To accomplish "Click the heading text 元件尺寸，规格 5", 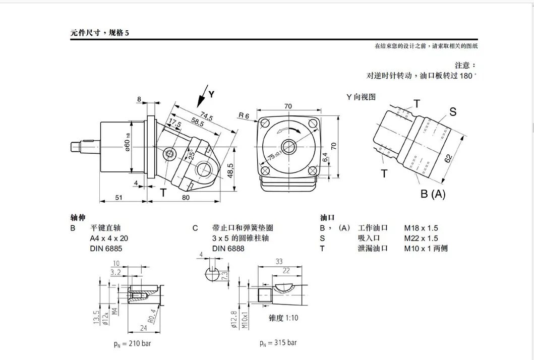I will pos(100,34).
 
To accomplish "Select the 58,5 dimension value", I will pos(197,122).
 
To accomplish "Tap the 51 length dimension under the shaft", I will pos(118,198).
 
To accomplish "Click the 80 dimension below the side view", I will pos(186,198).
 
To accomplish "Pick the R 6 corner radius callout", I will pos(244,116).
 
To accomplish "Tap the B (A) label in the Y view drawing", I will pos(433,194).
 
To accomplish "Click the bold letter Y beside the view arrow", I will pos(211,94).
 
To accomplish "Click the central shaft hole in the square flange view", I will pos(289,147).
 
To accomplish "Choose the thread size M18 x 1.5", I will pos(421,228).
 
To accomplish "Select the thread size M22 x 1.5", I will pos(421,238).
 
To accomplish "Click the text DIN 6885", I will pos(106,248).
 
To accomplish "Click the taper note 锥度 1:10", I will pos(284,318).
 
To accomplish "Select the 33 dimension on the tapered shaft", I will pos(279,261).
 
